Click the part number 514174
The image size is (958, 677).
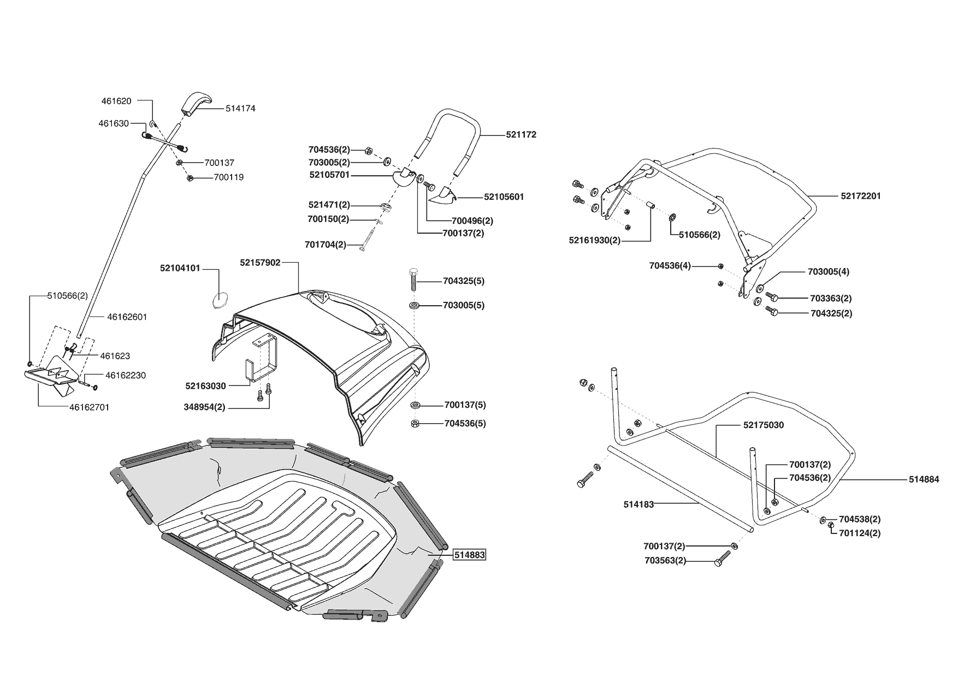240,109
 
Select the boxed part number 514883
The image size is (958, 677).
469,555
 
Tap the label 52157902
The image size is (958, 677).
260,263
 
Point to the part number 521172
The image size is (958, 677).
521,134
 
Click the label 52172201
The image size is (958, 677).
861,196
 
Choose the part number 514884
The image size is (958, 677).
924,479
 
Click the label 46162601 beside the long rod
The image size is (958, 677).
127,317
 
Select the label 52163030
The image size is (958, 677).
205,386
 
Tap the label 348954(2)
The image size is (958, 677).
205,408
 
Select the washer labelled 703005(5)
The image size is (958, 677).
414,305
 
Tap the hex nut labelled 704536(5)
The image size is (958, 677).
414,424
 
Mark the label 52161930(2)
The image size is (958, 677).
594,240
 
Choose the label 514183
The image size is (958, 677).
638,504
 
